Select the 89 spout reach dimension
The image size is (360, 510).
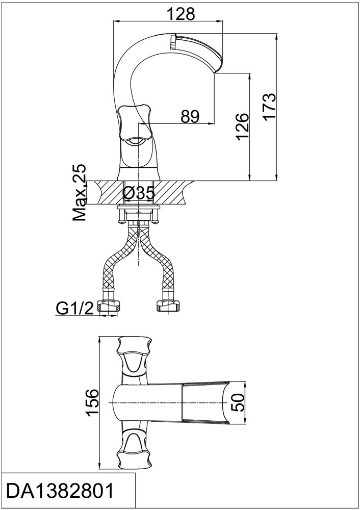[x=190, y=116]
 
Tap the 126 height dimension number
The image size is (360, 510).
[x=243, y=126]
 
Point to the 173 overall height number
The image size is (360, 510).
[x=269, y=107]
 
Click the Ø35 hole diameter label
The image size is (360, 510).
[x=138, y=194]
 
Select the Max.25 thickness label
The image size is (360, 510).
[x=80, y=192]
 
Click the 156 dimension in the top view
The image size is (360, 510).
[x=92, y=402]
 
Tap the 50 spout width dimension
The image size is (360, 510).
[x=239, y=402]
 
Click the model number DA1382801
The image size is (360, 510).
[x=61, y=491]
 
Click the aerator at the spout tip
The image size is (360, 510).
[x=173, y=41]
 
